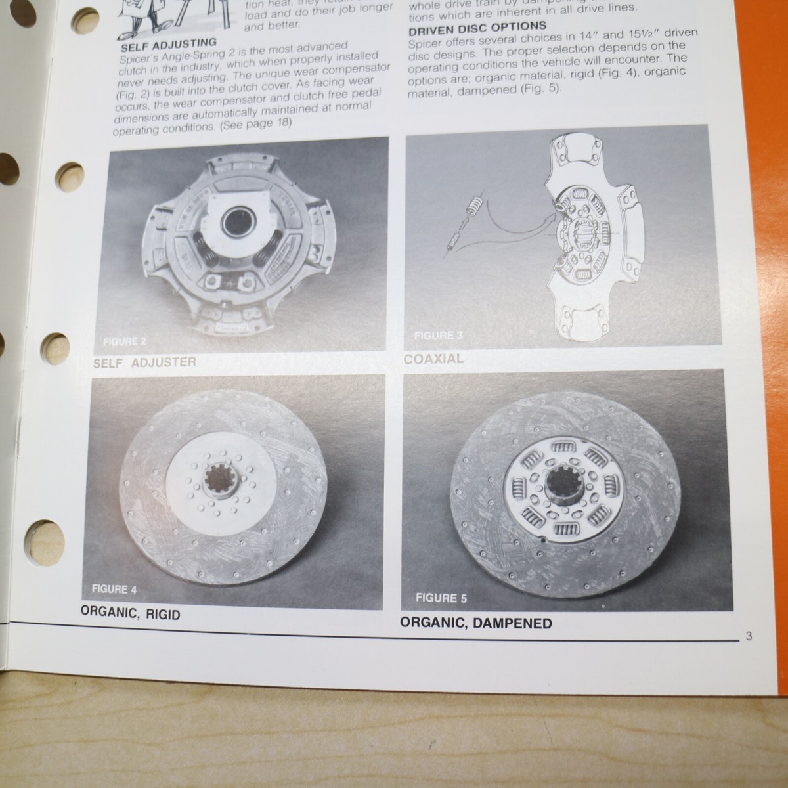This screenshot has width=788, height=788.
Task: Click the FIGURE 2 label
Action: point(120,342)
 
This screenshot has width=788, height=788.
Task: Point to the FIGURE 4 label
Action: point(114,589)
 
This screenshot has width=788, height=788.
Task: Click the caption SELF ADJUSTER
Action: point(144,362)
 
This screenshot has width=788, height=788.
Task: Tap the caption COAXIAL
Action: point(433,359)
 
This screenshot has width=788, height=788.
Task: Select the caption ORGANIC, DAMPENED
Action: point(476,623)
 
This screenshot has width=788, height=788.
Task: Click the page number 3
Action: point(749,636)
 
